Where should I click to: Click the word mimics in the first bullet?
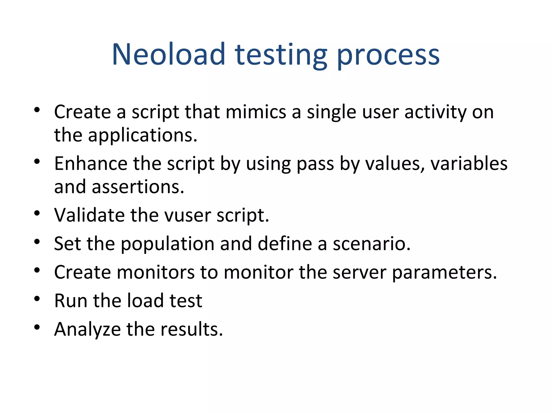tap(256, 112)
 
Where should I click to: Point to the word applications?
tap(143, 135)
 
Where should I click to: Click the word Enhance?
tap(91, 164)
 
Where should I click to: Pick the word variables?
tap(469, 164)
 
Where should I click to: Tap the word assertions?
tap(138, 187)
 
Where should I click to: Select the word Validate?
tap(89, 215)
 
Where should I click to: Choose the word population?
tap(167, 244)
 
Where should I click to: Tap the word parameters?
tap(444, 273)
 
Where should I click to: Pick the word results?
tap(192, 329)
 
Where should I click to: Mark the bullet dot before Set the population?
tap(37, 241)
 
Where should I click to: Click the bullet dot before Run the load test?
tap(37, 299)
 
